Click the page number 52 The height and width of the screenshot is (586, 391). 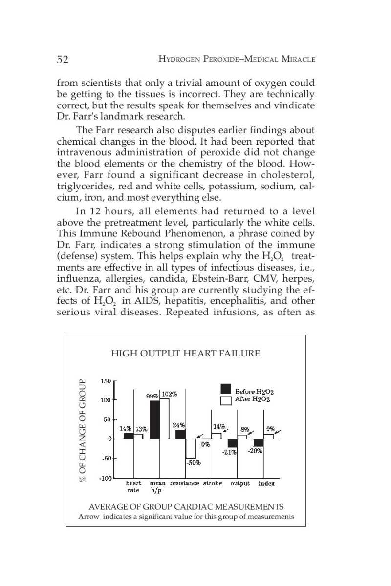[62, 60]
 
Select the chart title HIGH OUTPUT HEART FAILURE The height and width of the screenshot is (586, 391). [186, 353]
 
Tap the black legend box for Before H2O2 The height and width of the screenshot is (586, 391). [225, 389]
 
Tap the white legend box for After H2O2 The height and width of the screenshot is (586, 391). [225, 400]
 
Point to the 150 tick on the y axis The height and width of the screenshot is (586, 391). [106, 381]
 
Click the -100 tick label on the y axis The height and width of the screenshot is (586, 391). [105, 478]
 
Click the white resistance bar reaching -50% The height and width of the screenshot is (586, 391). [191, 448]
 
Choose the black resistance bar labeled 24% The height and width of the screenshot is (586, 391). [180, 434]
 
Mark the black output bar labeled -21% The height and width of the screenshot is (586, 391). [233, 443]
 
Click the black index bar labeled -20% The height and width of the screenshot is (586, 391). [259, 442]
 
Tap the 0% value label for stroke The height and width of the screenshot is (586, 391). [206, 444]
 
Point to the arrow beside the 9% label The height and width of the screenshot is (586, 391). [278, 431]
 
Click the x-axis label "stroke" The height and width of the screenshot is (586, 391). [213, 483]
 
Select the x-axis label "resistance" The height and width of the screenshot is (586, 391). [184, 483]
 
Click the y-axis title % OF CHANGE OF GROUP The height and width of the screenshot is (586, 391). [83, 430]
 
